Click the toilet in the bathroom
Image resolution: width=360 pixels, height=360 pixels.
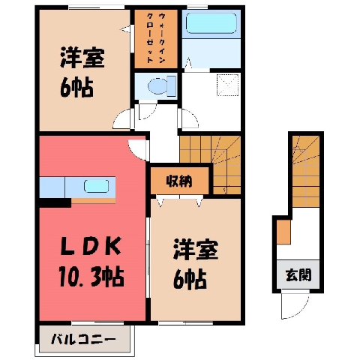[162, 86]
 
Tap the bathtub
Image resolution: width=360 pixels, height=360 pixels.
[211, 23]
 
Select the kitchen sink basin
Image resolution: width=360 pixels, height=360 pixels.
[96, 186]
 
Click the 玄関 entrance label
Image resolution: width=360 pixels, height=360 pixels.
[298, 275]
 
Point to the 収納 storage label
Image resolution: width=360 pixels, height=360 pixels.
[179, 181]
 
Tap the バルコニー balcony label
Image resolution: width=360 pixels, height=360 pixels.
[83, 340]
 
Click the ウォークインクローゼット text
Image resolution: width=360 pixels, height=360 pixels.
[156, 38]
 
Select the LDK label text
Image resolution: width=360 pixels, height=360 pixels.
[91, 246]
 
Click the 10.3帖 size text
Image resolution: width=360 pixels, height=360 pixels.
[91, 277]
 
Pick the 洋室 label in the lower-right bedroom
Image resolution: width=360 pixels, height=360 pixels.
[196, 250]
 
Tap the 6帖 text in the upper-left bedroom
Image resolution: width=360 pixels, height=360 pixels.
[76, 88]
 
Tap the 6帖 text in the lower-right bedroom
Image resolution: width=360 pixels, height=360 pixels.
[190, 280]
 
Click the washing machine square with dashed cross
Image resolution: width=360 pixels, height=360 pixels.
[227, 85]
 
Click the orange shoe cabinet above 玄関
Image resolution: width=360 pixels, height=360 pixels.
[283, 232]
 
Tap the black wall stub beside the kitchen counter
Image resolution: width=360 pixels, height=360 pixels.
[55, 202]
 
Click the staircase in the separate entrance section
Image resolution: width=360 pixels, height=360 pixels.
[306, 172]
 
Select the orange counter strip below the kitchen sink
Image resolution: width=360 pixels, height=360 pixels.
[94, 201]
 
